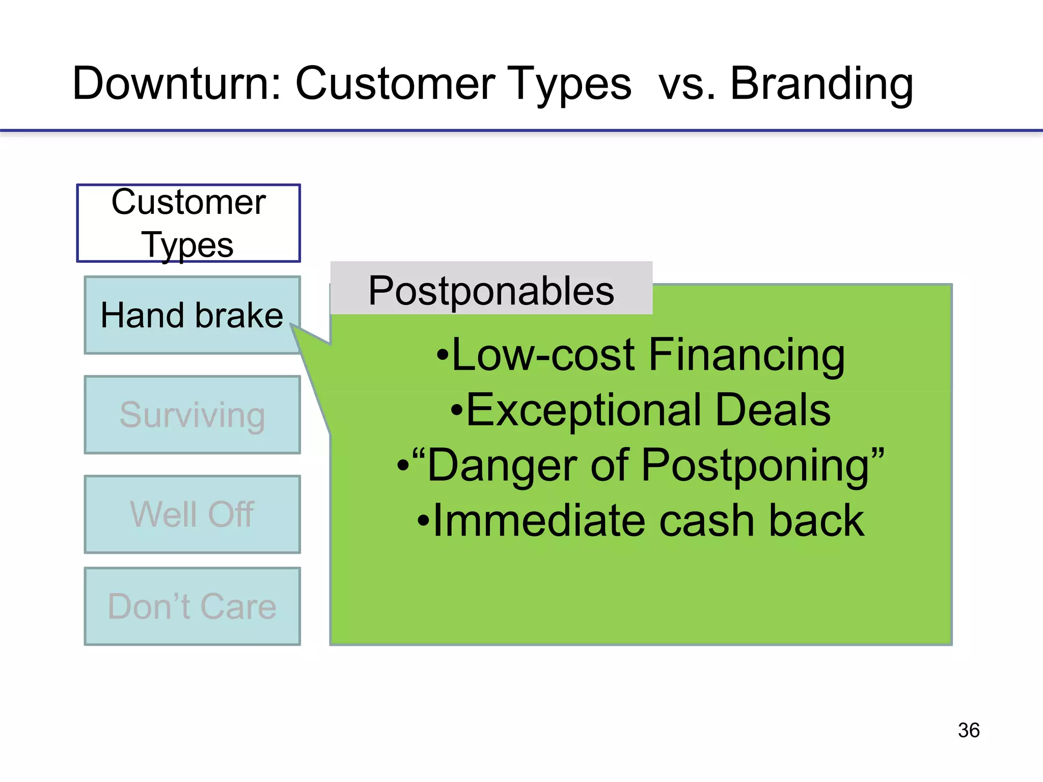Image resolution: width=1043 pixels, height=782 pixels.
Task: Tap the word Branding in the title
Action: coord(821,84)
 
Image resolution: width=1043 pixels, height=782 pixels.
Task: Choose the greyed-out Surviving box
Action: coord(192,415)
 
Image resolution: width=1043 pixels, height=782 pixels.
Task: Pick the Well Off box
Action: coord(192,514)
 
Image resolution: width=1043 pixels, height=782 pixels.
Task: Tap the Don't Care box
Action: coord(192,606)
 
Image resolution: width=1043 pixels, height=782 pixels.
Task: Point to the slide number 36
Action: coord(968,730)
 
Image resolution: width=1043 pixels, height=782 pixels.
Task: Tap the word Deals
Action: coord(773,410)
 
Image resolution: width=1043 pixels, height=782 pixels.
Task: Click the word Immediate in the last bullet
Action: coord(540,521)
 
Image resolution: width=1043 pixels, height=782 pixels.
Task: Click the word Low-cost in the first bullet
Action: coord(543,355)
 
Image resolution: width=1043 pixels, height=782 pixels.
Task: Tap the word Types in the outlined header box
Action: coord(187,245)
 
